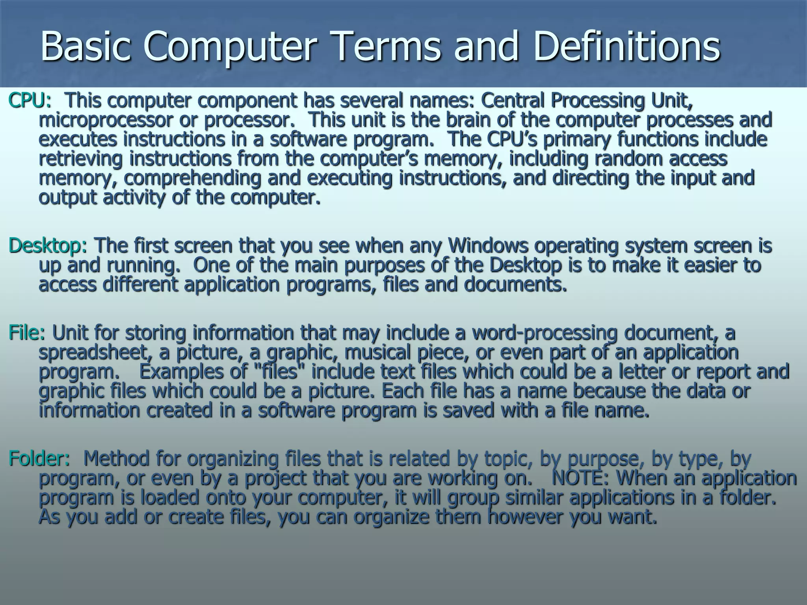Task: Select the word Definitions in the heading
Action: [627, 47]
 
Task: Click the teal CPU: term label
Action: [30, 100]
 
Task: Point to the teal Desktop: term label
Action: [48, 246]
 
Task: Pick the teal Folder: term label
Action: [39, 459]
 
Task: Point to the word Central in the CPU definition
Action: [512, 100]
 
